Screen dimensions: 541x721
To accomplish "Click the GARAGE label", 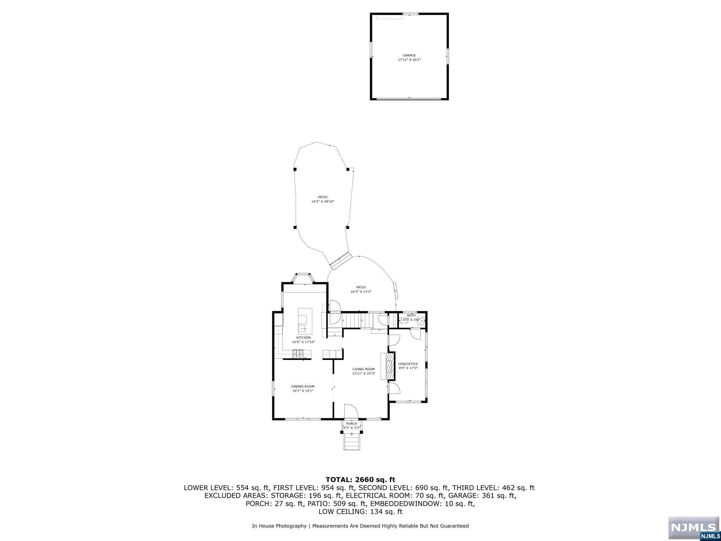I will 409,55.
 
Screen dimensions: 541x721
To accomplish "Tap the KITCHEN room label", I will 303,338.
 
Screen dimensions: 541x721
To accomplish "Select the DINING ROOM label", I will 303,386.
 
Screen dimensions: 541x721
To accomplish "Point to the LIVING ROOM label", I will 364,369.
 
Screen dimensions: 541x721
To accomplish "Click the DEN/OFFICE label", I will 408,364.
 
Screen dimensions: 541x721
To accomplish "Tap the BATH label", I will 411,315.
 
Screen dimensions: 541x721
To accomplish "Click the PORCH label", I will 351,424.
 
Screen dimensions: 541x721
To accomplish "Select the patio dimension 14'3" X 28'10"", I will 322,201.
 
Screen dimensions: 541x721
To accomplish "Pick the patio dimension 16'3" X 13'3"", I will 361,292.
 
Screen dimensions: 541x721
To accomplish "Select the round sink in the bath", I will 421,321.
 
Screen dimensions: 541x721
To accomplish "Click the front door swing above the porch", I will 351,411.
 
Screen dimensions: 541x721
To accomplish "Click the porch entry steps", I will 352,441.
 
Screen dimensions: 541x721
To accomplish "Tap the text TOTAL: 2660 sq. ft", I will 360,479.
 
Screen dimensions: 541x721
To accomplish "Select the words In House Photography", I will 279,526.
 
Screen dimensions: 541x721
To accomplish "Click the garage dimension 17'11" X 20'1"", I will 409,60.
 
